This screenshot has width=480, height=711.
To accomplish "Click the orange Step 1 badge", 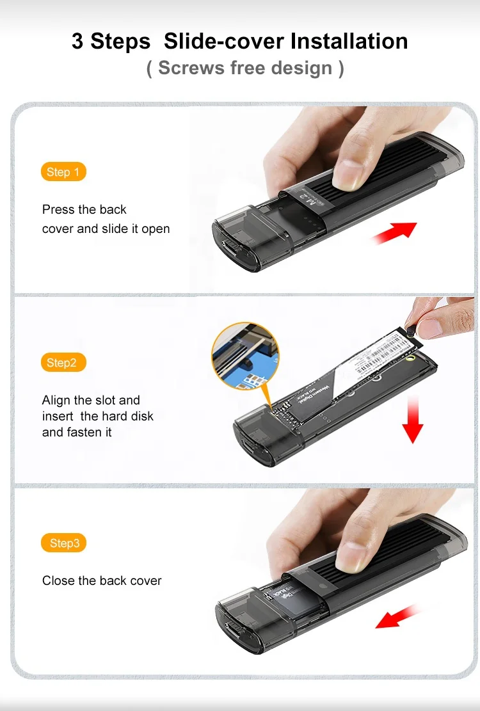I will pos(63,172).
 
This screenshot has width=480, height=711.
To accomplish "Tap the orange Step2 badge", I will pos(62,363).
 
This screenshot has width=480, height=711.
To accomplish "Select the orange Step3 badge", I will pos(63,543).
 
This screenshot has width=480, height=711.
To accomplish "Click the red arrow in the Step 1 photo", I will pos(395,232).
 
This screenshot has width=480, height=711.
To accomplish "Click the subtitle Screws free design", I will pos(245,68).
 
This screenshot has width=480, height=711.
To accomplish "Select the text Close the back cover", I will pos(102,580).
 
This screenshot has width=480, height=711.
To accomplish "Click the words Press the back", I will pos(84,209).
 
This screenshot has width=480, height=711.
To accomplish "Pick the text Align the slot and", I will pos(91,400).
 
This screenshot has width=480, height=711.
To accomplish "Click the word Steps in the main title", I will pos(121,41).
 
